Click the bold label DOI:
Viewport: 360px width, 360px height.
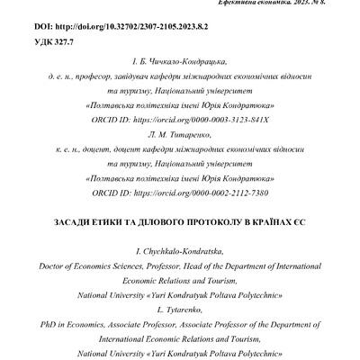43,29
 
